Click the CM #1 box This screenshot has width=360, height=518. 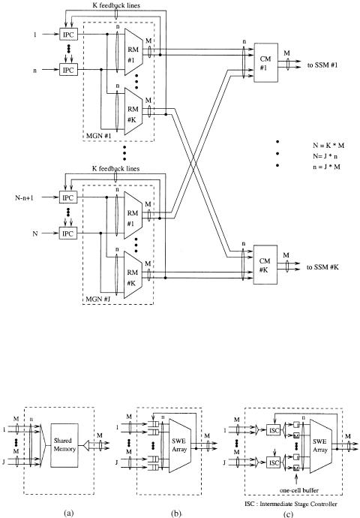[x=265, y=63]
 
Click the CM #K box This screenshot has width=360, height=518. [x=265, y=264]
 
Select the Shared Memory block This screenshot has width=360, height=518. [x=64, y=445]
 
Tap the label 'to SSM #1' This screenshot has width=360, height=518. [x=322, y=65]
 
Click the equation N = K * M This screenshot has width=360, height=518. [x=328, y=146]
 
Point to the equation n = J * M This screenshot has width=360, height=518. [x=326, y=167]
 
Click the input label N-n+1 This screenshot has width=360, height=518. [x=24, y=197]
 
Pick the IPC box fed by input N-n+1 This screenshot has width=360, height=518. [x=68, y=197]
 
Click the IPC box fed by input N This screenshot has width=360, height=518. [x=68, y=233]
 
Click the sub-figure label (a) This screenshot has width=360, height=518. [x=68, y=513]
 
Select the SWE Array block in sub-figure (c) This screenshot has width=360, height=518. [x=320, y=446]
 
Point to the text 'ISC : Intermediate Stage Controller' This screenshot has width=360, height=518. [x=291, y=504]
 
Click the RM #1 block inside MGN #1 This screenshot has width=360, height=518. [x=133, y=51]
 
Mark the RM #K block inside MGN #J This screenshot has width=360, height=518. [x=133, y=275]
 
